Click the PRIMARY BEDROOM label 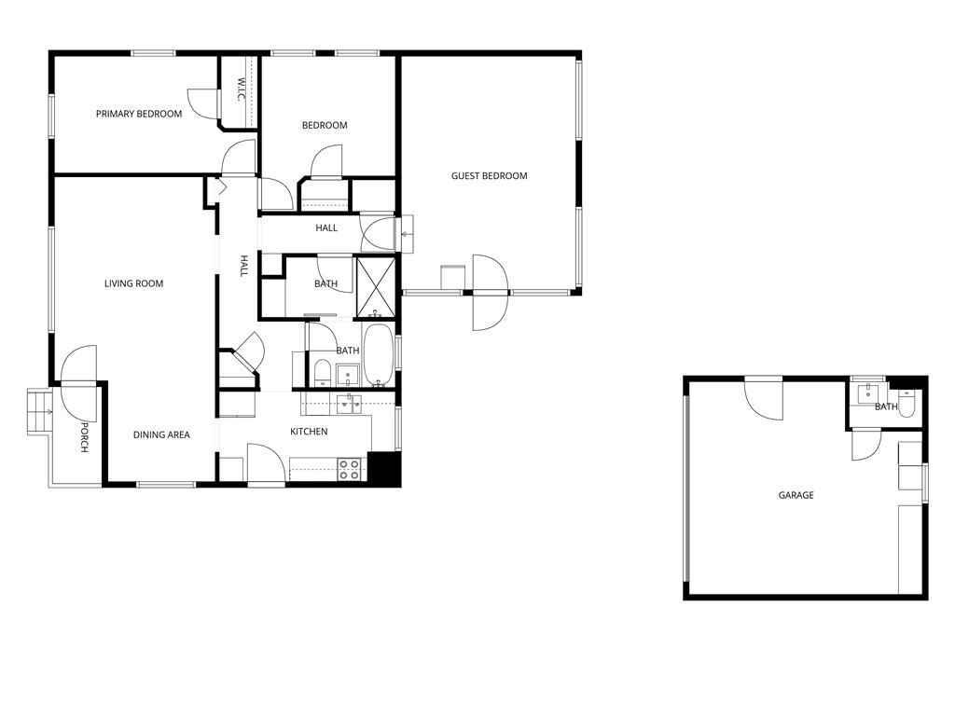[139, 114]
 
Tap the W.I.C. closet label [240, 90]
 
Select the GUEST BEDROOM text [489, 176]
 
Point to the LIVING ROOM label [133, 283]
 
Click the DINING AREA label [161, 434]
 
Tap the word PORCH [84, 437]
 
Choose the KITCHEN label [309, 432]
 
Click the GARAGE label [796, 495]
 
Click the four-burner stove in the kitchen [349, 469]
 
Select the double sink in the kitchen [349, 403]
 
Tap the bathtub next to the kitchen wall [378, 355]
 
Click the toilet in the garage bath [907, 403]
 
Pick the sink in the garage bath [869, 392]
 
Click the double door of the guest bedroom [490, 293]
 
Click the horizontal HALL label [326, 228]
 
